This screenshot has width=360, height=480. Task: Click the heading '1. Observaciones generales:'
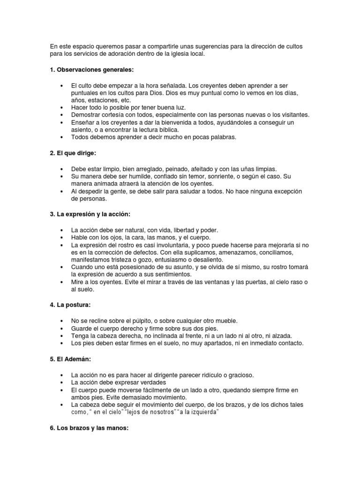pyautogui.click(x=91, y=70)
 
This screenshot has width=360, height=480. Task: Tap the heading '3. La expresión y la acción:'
pyautogui.click(x=93, y=214)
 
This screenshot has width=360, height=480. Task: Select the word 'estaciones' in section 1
pyautogui.click(x=105, y=100)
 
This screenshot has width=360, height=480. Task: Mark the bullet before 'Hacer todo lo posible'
pyautogui.click(x=62, y=107)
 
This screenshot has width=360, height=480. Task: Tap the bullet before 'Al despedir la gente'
pyautogui.click(x=62, y=191)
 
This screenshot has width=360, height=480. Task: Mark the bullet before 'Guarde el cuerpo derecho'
pyautogui.click(x=62, y=328)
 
